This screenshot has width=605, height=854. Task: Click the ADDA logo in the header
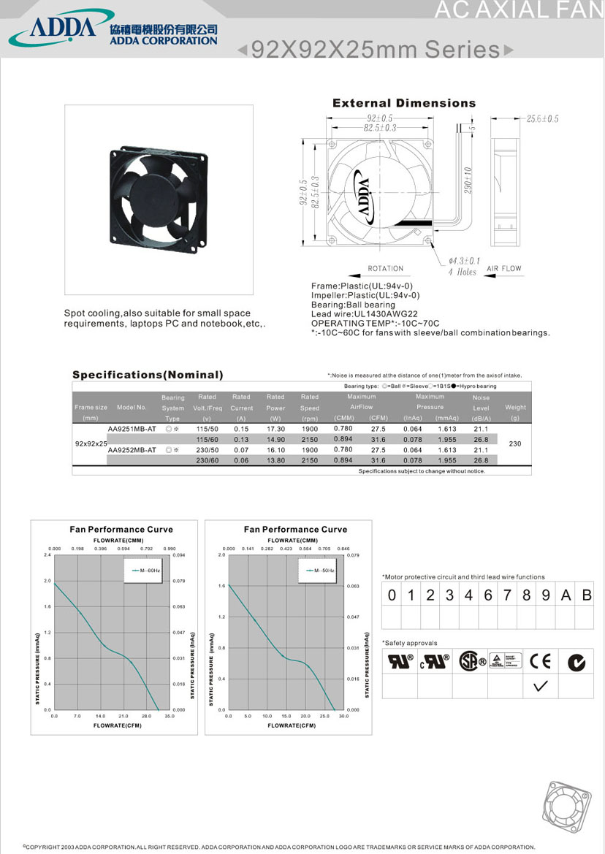(53, 28)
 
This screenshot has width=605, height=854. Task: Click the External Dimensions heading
(403, 103)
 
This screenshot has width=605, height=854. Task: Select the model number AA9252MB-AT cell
(132, 450)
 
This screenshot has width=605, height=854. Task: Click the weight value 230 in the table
(515, 443)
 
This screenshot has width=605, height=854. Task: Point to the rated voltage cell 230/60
(207, 460)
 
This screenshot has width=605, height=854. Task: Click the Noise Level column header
(481, 408)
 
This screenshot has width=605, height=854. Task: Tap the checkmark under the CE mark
(541, 685)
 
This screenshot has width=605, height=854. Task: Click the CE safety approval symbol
(541, 661)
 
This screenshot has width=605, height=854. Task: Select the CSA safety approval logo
(471, 661)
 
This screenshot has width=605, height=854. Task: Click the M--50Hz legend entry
(321, 569)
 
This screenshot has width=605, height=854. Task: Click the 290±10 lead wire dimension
(468, 180)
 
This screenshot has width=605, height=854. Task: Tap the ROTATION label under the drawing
(385, 269)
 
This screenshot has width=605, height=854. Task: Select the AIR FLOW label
(504, 269)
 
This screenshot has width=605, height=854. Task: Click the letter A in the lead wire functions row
(565, 595)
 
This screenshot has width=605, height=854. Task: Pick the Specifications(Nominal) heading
(148, 375)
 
